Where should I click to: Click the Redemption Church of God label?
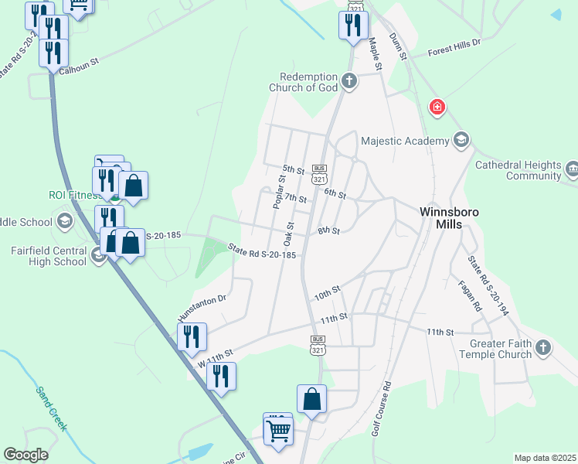pos(303,82)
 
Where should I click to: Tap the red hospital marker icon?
pos(437,107)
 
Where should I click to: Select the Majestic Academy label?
pos(405,141)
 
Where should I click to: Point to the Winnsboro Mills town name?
pos(440,217)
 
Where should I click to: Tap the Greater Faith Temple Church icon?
pos(543,346)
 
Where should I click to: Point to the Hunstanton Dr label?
pos(201,306)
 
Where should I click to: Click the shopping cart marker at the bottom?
pos(278,430)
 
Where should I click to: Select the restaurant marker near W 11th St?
pos(221,376)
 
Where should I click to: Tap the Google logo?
pos(25,454)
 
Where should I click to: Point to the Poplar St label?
pos(279,191)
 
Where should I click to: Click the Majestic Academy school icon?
pos(461,140)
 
